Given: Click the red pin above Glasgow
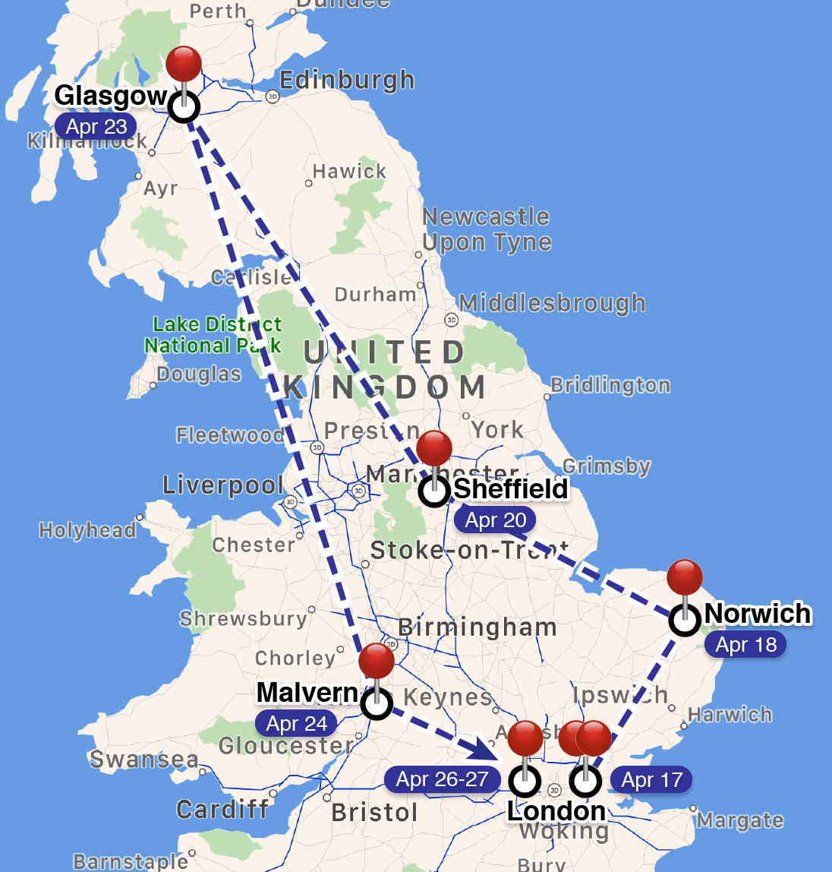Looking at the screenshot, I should [184, 64].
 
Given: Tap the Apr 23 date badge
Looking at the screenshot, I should [96, 127].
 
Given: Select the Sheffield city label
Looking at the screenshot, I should [510, 488].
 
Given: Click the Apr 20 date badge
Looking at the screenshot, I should [495, 520].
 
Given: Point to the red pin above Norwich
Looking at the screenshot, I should [685, 578].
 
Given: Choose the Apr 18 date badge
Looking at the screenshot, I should [746, 645].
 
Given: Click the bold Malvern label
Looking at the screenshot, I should [307, 692].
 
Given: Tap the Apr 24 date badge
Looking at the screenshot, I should [297, 724].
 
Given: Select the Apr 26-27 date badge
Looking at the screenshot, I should [442, 779].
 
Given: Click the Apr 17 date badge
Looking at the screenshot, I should [651, 780].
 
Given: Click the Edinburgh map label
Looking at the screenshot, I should [347, 81].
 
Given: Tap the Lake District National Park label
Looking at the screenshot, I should [213, 335].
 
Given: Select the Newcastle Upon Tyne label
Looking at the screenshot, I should [487, 229].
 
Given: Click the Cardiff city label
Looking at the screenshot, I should [222, 810].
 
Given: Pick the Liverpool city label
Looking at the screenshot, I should [223, 485].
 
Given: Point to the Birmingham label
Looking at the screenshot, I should [477, 627].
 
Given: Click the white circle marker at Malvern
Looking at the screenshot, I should [377, 704].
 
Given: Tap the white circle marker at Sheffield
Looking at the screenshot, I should [434, 491].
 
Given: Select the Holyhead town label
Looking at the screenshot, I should [87, 530].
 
